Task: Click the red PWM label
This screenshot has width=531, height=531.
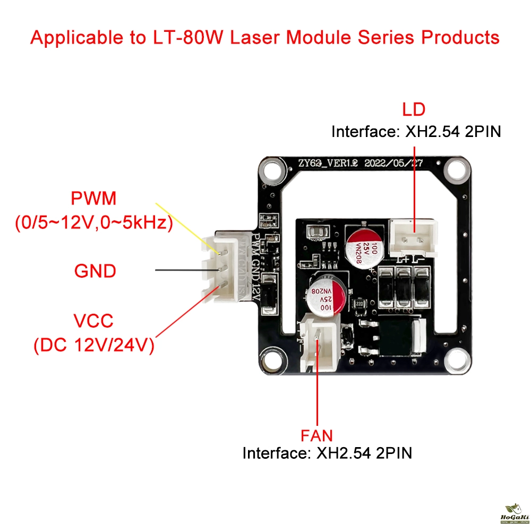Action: click(93, 200)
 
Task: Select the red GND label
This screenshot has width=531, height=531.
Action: click(95, 271)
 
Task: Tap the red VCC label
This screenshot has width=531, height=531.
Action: click(93, 321)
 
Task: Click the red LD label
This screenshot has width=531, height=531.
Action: click(414, 109)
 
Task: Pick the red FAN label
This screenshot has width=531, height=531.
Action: click(316, 436)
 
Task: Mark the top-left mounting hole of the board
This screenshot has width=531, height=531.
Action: click(273, 170)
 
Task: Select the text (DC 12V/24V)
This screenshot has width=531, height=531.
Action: click(93, 346)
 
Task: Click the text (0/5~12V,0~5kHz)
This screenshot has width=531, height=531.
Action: click(93, 224)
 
